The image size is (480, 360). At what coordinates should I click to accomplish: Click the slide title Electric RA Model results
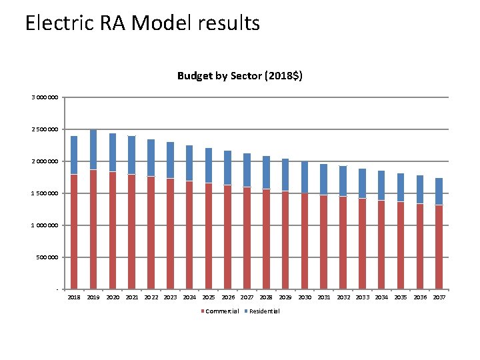[142, 23]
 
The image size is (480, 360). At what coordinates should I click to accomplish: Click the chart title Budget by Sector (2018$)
[239, 75]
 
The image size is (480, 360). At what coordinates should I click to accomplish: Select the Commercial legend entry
[221, 311]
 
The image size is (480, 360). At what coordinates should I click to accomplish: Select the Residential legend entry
[264, 311]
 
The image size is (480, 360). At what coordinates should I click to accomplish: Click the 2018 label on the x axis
[74, 297]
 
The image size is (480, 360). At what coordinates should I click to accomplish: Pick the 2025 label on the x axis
[209, 297]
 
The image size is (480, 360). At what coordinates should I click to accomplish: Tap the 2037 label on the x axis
[439, 297]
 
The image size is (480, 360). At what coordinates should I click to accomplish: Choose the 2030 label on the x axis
[305, 297]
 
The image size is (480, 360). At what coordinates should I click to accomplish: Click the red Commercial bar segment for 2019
[93, 230]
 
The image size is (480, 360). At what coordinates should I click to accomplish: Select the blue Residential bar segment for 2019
[93, 150]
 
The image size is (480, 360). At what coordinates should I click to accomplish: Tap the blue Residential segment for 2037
[439, 191]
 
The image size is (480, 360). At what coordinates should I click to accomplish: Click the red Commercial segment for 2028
[266, 239]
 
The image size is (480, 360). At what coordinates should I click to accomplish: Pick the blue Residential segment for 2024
[189, 163]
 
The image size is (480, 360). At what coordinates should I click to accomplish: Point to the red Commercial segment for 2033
[362, 244]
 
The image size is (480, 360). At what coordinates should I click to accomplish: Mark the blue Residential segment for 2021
[132, 155]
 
